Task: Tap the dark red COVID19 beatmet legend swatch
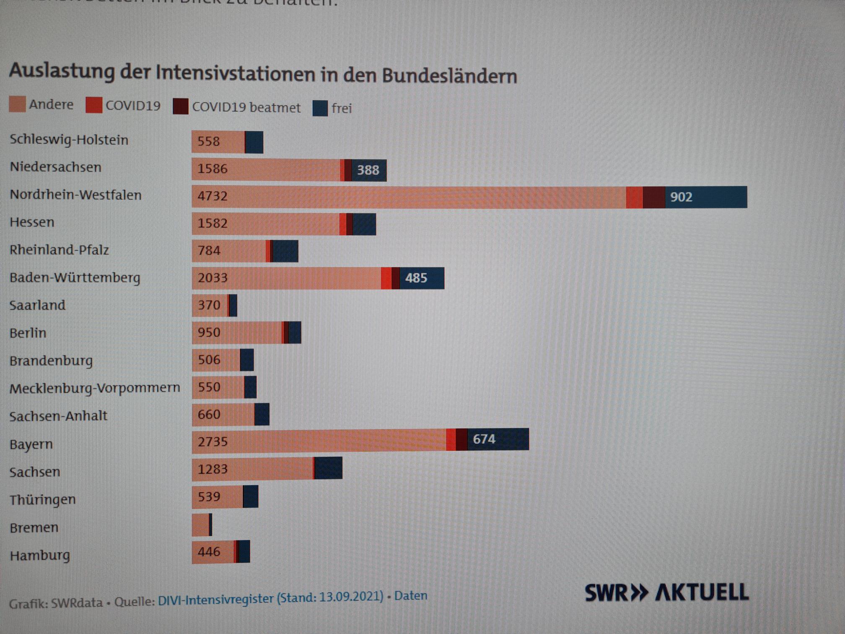point(181,107)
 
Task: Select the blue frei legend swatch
point(320,108)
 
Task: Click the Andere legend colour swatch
point(18,104)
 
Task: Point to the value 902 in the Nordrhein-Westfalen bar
point(681,197)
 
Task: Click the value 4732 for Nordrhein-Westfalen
point(213,196)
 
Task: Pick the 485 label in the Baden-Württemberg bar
point(416,278)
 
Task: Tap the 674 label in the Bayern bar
point(484,439)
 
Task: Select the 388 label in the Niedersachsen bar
point(368,170)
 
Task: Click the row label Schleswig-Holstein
point(69,140)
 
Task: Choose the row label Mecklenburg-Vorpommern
point(95,388)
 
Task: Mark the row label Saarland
point(37,305)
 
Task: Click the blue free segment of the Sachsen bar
point(328,468)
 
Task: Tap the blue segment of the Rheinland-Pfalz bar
point(285,251)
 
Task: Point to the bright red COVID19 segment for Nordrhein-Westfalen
point(634,197)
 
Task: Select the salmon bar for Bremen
point(200,525)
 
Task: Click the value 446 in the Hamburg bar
point(209,552)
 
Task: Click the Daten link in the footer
point(411,596)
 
